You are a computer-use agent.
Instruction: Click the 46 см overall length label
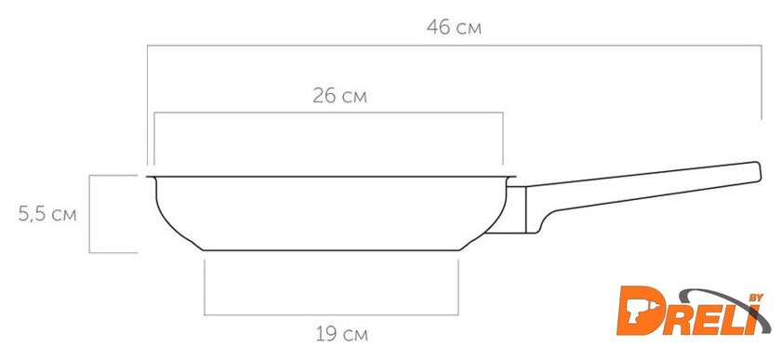454,27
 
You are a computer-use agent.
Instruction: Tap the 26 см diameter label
339,96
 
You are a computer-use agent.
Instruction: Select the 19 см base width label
342,334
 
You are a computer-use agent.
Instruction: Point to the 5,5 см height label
47,214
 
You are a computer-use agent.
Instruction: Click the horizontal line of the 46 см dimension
455,46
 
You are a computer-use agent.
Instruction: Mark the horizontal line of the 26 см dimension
328,113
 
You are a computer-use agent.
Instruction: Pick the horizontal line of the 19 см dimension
331,314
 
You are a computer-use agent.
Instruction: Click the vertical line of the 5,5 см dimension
89,214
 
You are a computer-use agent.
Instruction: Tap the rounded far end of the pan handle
758,171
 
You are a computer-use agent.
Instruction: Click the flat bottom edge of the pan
331,250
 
